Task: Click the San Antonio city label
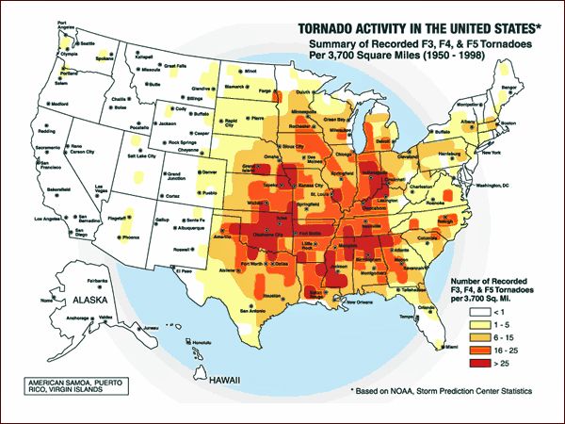point(258,309)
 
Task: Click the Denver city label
point(211,172)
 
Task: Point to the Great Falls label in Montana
point(174,66)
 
